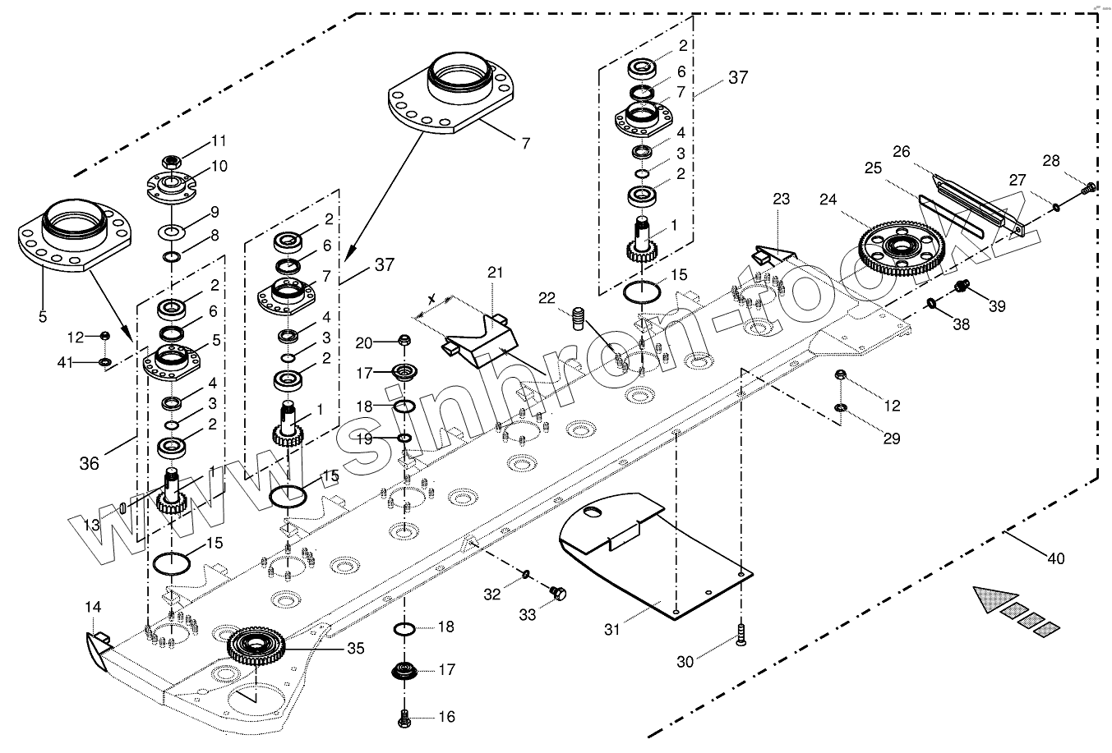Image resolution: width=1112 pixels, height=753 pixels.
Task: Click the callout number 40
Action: pos(1055,559)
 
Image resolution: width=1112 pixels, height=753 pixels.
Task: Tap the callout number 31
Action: pos(612,630)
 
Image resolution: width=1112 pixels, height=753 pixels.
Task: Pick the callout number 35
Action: pos(355,649)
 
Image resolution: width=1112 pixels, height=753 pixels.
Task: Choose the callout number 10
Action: pos(219,166)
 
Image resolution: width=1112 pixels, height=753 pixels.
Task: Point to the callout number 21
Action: pos(494,273)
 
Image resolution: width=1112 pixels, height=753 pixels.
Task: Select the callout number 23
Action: pos(780,199)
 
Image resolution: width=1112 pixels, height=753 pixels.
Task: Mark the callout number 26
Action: pos(902,151)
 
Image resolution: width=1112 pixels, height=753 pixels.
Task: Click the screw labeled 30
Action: pos(741,635)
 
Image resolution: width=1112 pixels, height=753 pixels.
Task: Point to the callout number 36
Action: pos(89,463)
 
